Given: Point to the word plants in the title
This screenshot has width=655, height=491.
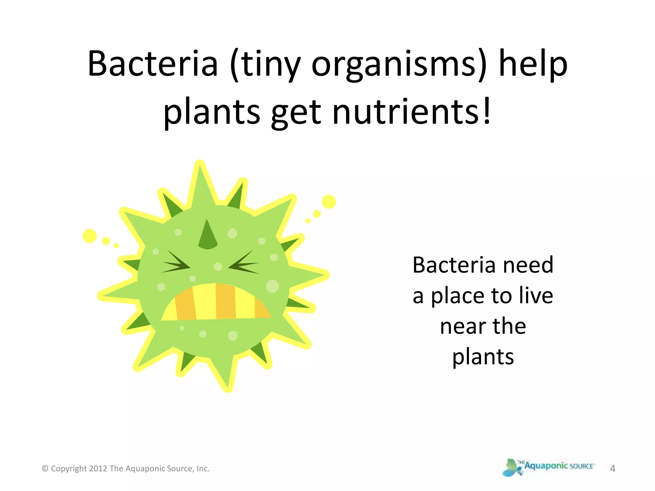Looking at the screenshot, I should tap(212, 113).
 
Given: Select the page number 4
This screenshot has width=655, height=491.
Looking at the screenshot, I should tap(612, 469).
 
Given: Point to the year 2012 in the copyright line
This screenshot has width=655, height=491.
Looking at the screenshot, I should tap(98, 469).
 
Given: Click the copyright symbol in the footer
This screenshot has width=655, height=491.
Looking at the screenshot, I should tap(45, 469).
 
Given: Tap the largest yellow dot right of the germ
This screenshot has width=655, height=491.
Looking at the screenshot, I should tap(329, 202).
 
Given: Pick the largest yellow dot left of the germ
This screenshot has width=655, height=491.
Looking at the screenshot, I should tap(90, 236).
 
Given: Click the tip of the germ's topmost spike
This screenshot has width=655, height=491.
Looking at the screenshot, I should tap(200, 164).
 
